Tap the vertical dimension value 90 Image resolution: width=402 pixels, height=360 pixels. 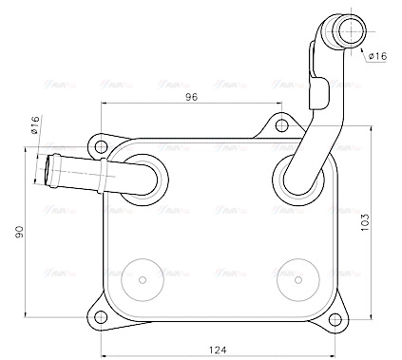click(x=20, y=232)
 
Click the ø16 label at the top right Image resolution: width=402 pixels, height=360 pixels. click(x=376, y=56)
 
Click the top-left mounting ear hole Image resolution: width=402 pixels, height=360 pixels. click(x=101, y=146)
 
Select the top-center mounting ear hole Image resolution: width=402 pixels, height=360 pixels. click(x=280, y=123)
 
